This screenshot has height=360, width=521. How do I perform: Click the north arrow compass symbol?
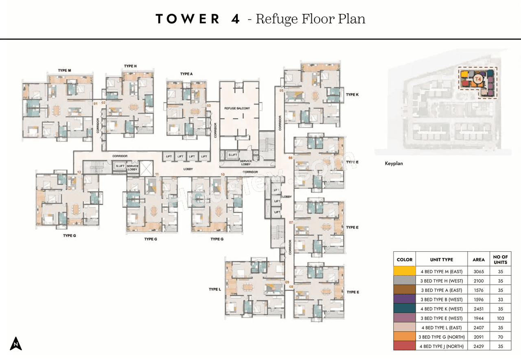(x=16, y=343)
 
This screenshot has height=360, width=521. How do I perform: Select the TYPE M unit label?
(x=64, y=70)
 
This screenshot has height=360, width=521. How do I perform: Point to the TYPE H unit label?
(x=130, y=66)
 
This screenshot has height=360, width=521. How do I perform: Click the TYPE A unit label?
(x=186, y=74)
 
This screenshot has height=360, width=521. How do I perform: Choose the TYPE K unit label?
(x=352, y=94)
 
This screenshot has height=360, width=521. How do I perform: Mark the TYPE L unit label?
(x=215, y=289)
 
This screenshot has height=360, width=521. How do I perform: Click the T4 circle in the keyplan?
(x=478, y=79)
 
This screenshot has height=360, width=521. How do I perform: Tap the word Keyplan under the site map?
(x=394, y=164)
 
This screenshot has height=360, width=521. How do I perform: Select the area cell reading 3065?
(x=479, y=272)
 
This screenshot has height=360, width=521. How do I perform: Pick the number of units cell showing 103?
(x=500, y=318)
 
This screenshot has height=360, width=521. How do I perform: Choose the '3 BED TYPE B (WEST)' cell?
(x=442, y=300)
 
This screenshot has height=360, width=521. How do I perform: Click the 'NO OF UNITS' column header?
(x=500, y=259)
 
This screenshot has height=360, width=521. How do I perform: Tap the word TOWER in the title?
(x=188, y=19)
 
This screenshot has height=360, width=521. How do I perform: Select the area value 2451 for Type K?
(x=479, y=309)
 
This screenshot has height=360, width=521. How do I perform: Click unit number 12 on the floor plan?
(x=79, y=173)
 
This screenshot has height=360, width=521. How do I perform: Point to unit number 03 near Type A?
(x=209, y=105)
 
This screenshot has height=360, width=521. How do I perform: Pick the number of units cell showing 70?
(x=500, y=337)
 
